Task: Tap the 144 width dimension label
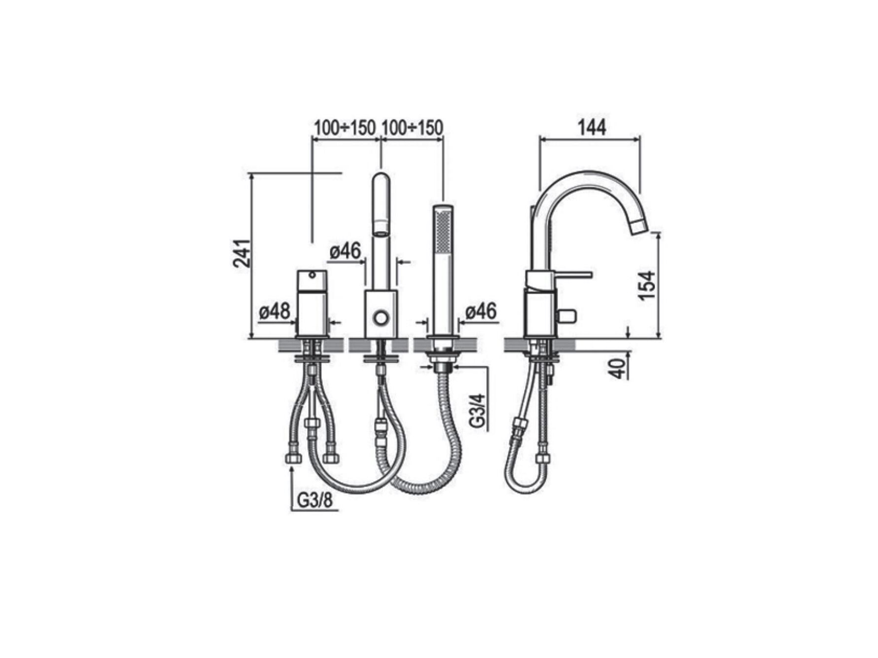[592, 128]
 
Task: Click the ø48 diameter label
[275, 311]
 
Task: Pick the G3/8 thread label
[315, 501]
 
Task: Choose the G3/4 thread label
[477, 410]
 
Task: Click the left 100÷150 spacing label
[345, 128]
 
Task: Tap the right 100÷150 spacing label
[413, 128]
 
